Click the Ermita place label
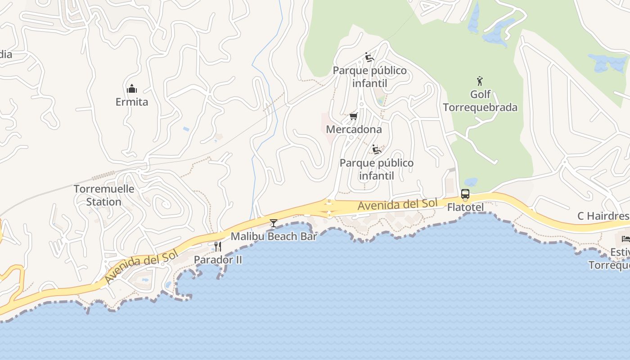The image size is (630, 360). coord(131,102)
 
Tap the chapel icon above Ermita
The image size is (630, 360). coord(131,89)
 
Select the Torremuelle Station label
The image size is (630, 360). coord(104,195)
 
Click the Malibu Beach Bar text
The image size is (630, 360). coord(274,236)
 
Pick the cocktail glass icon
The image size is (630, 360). coord(273,223)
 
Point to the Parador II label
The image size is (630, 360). coord(218,260)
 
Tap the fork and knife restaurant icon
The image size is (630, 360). coord(217,246)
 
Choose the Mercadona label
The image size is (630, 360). coord(354,130)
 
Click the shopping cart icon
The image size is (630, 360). coord(354,117)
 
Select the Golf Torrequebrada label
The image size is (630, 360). coord(480,101)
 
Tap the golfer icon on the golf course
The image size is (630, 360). coord(480,81)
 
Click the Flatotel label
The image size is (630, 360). coord(465,207)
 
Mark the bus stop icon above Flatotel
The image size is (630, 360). coord(465,194)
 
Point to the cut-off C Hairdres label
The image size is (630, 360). coord(603,216)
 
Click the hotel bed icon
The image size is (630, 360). coord(625,238)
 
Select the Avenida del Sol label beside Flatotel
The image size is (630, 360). coord(397,204)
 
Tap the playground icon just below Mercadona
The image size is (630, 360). coord(377,149)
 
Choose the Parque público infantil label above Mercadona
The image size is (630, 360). coord(369,77)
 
